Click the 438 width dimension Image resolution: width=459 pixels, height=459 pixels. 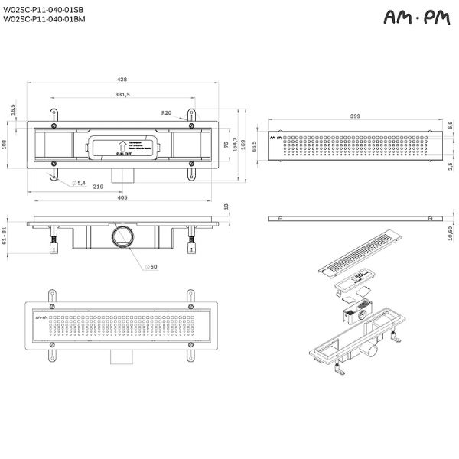(x=122, y=78)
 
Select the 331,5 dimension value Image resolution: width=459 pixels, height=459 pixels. (x=122, y=94)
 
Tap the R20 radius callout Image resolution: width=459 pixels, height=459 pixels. (x=166, y=112)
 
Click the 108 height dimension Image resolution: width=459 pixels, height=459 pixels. (x=5, y=144)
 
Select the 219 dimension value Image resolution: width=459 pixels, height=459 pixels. (x=99, y=186)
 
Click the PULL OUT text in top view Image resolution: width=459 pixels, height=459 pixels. (x=125, y=153)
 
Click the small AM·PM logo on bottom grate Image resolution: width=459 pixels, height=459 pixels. (x=42, y=315)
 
